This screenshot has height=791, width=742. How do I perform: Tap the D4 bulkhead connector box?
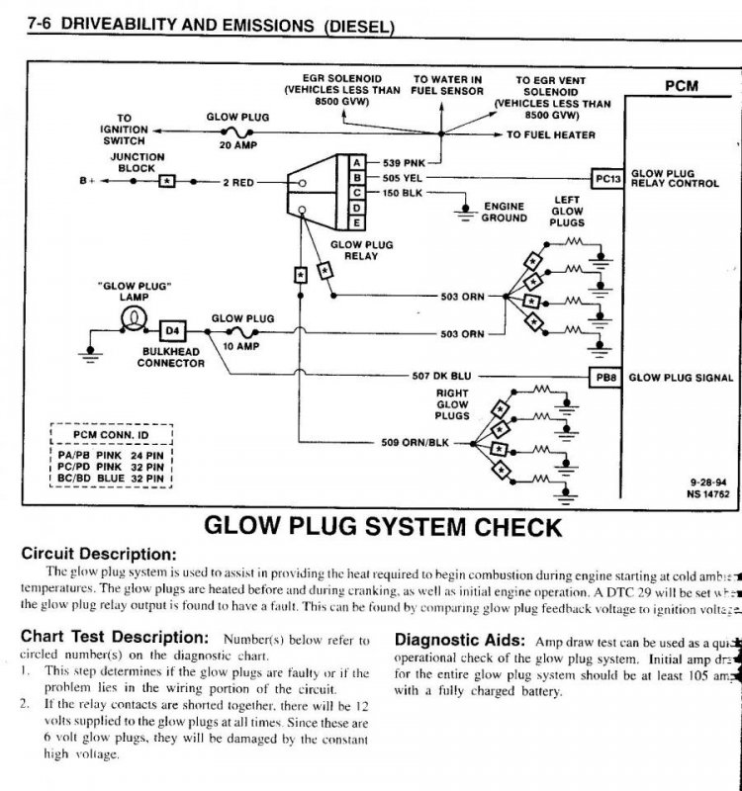[x=172, y=329]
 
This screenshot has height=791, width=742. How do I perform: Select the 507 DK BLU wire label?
[x=441, y=377]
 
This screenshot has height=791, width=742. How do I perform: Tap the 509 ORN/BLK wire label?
[x=415, y=442]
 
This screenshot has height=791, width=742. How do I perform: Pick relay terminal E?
[x=356, y=223]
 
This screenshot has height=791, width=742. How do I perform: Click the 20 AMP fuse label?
[x=237, y=144]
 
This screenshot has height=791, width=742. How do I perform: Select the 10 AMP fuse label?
[x=237, y=346]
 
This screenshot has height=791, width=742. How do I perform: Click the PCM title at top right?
[x=680, y=86]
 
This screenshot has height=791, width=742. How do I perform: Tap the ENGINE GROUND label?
[x=504, y=213]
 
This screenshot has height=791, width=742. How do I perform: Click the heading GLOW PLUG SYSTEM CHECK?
[x=383, y=525]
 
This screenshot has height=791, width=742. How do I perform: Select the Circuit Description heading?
[x=99, y=553]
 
